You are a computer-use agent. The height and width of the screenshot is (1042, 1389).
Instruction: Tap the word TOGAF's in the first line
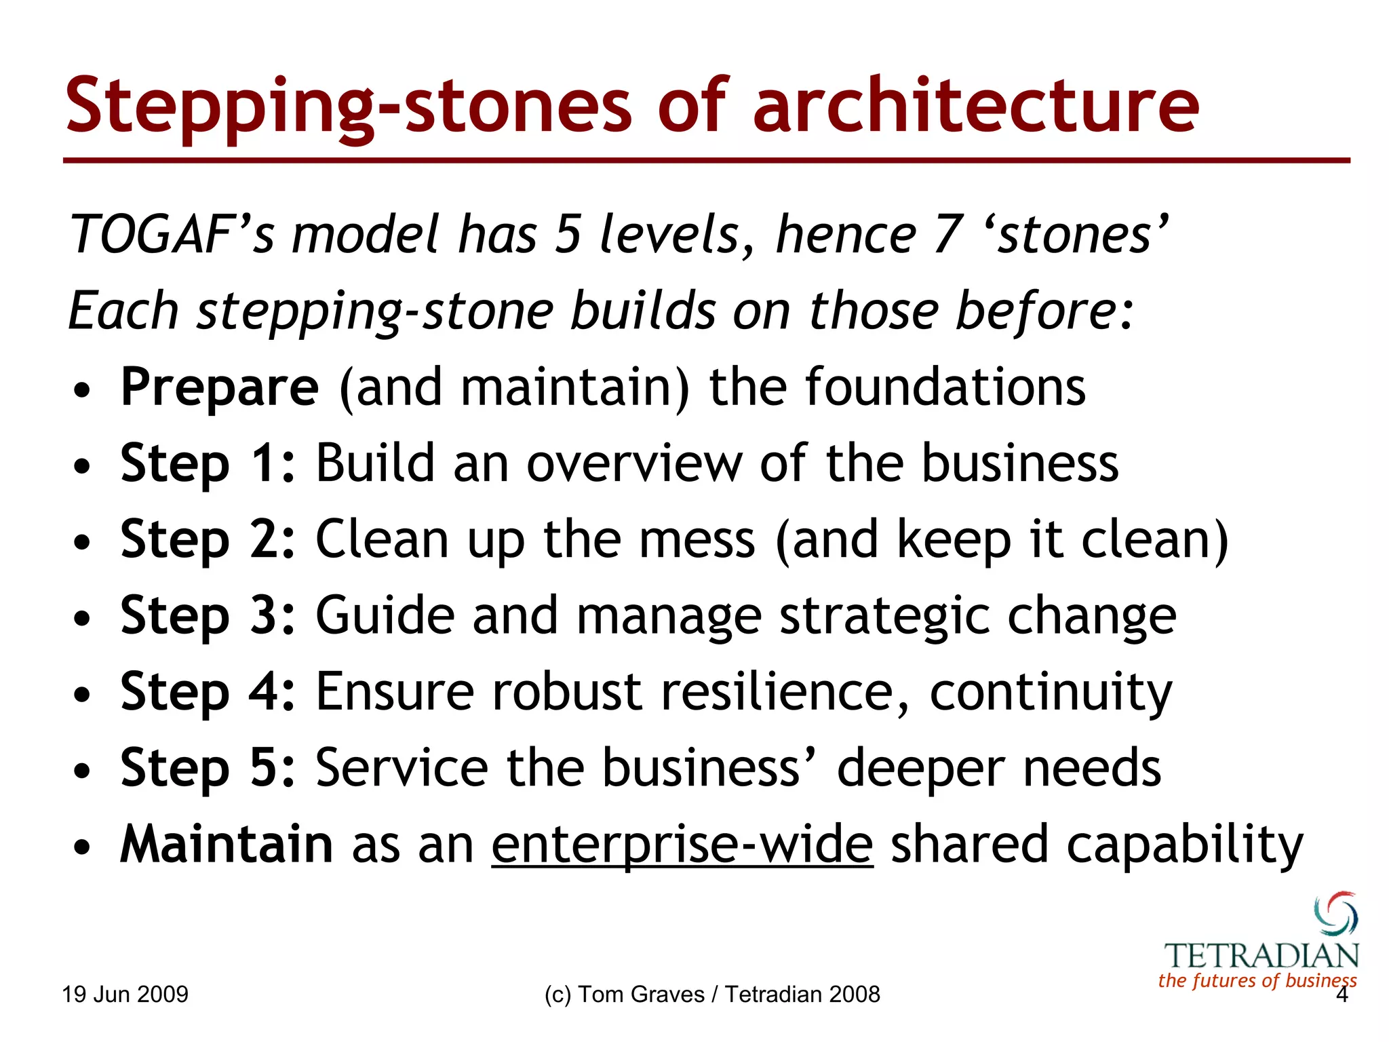coord(172,235)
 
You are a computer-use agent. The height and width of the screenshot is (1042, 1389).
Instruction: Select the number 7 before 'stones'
coord(948,235)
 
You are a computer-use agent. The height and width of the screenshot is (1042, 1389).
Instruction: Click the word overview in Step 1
coord(634,464)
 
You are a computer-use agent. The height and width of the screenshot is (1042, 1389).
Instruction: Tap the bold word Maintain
coord(227,845)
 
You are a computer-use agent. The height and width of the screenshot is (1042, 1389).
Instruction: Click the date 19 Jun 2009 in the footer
coord(125,995)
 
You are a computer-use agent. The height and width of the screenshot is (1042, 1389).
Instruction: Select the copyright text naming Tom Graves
coord(711,995)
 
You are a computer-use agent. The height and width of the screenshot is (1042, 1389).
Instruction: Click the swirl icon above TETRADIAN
coord(1335,913)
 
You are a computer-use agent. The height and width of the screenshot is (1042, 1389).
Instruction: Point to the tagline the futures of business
coord(1257,980)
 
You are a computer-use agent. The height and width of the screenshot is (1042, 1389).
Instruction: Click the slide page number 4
coord(1341,995)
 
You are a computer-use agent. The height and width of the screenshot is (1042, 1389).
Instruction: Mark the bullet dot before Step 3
coord(82,619)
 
